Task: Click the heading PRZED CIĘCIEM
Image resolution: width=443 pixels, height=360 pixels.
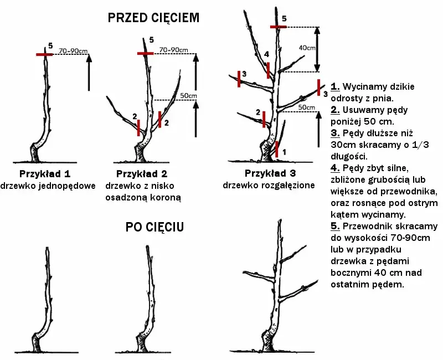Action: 153,18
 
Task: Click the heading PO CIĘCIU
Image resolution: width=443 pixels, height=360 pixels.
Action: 154,228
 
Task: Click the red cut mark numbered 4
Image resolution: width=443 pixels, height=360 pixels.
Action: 268,70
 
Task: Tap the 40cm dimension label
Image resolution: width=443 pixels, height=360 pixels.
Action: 307,48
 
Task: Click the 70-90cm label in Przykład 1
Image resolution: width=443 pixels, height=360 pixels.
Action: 73,51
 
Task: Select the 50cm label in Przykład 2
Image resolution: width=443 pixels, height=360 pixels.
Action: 189,95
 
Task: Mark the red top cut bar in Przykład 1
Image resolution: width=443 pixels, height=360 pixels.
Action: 44,54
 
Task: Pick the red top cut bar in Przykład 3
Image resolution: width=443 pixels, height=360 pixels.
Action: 279,27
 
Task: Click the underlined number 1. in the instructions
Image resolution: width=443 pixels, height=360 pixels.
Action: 335,87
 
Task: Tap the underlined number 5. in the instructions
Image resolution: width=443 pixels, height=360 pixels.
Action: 335,227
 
